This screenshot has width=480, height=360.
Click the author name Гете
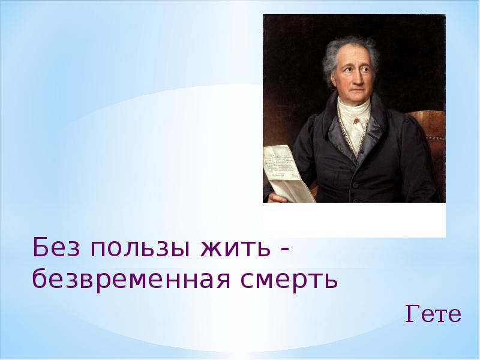(x=433, y=314)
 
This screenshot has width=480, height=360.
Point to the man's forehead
(x=354, y=54)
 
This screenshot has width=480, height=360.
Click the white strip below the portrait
(x=354, y=219)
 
